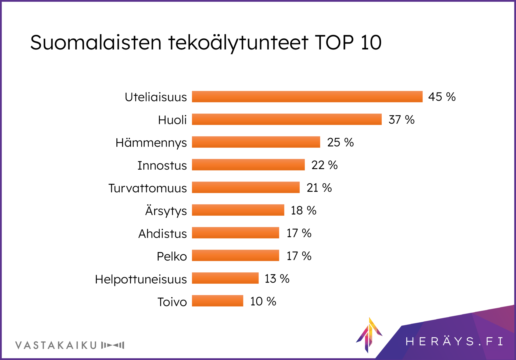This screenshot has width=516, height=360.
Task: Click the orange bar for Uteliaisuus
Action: click(307, 97)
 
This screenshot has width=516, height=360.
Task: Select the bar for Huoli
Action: click(286, 119)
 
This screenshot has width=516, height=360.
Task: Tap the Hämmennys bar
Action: click(256, 142)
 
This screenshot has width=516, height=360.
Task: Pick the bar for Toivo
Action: click(217, 301)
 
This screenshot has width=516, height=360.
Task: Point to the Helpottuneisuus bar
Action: click(225, 278)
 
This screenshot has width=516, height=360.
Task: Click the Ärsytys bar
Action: click(238, 210)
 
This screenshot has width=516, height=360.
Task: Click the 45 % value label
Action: click(442, 97)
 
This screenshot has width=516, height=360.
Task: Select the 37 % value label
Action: click(402, 120)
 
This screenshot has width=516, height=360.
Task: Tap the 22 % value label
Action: click(324, 165)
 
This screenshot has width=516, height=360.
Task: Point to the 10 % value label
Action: click(263, 301)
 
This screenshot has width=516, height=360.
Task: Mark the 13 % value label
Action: click(277, 279)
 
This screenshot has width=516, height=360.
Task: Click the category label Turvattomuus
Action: click(148, 188)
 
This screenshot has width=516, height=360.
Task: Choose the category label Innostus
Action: click(162, 165)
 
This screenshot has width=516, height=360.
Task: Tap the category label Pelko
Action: click(172, 256)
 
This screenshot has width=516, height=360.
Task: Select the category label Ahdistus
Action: click(163, 234)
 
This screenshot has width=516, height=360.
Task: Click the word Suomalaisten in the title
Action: click(96, 42)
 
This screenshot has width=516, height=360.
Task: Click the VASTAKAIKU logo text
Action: click(56, 345)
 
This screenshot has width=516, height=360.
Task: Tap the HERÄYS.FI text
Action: click(454, 341)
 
